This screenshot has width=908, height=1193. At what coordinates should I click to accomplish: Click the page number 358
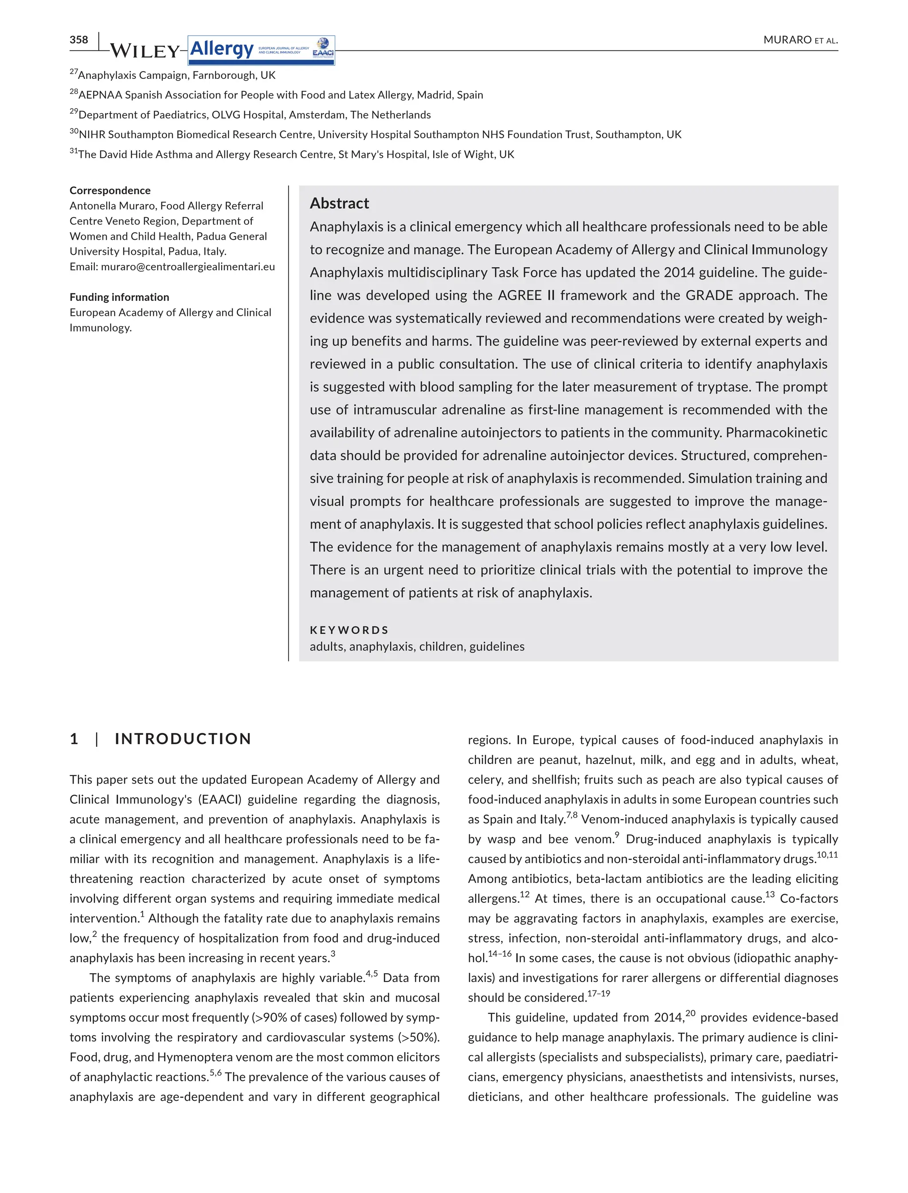(x=78, y=39)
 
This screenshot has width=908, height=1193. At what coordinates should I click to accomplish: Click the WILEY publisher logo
(x=144, y=51)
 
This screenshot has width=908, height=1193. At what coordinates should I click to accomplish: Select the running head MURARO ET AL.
(x=800, y=40)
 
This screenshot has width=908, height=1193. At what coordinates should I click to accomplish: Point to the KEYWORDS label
(x=349, y=630)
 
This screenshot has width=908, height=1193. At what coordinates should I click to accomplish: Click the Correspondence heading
(x=110, y=190)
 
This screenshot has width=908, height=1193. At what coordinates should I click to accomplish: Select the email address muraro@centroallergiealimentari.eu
(x=188, y=266)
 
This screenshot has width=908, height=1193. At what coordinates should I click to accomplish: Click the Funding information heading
(x=119, y=297)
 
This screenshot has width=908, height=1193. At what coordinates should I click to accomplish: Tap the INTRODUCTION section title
(x=183, y=739)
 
